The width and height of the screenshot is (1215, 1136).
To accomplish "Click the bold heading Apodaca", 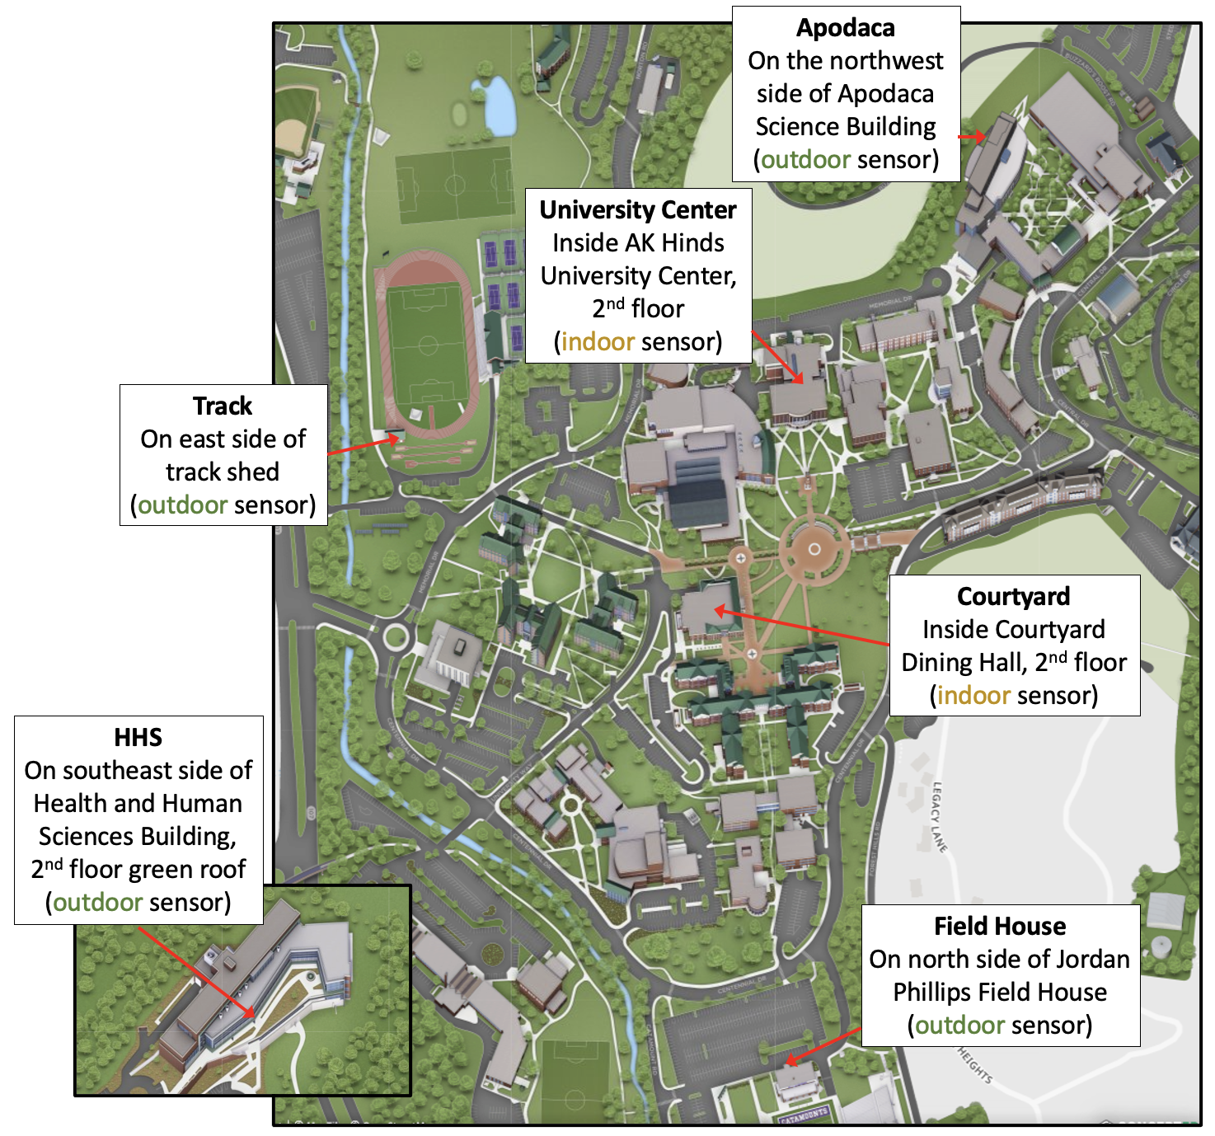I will click(845, 28).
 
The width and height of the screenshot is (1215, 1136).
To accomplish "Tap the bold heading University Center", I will click(638, 210).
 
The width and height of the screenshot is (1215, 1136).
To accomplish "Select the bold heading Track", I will click(223, 406).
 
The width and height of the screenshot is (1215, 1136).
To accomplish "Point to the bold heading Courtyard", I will click(1013, 597).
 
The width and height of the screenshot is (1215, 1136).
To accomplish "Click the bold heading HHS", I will click(138, 738).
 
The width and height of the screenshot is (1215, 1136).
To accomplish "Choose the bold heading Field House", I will click(1000, 927).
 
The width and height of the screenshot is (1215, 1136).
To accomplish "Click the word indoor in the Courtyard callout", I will click(973, 696).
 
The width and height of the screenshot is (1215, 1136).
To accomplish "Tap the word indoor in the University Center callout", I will click(598, 342).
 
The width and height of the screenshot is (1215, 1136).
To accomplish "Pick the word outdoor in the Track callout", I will click(182, 505).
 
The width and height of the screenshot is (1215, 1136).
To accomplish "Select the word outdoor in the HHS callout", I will click(98, 903).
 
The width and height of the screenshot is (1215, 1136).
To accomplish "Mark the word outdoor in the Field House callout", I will click(959, 1026).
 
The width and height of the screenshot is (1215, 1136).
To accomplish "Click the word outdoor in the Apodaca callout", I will click(805, 160).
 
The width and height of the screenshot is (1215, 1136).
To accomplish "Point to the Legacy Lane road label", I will click(939, 816).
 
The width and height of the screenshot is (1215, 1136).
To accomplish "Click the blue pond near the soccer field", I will click(499, 106).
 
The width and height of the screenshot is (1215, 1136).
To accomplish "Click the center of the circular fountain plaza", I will click(814, 548).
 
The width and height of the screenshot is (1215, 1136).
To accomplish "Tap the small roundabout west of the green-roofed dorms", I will click(395, 636).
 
